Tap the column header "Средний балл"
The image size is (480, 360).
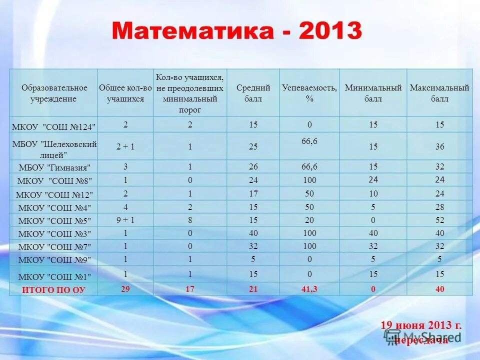point(253,93)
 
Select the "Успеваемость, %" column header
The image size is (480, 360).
point(309,93)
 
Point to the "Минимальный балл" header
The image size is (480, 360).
point(373,93)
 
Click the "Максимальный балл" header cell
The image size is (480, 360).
point(439,93)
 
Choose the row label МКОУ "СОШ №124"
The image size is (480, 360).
point(54,126)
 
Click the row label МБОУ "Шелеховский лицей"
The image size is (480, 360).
point(54,149)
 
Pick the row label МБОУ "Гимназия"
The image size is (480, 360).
point(54,167)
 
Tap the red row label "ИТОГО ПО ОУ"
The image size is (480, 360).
point(53,289)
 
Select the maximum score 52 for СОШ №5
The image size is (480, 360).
point(439,219)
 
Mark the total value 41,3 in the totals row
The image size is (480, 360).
point(309,289)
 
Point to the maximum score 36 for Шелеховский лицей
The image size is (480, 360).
point(439,146)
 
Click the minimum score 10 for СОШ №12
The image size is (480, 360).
point(373,193)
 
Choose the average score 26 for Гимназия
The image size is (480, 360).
point(253,166)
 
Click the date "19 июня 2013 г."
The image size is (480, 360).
point(421,325)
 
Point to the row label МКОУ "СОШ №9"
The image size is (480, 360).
point(54,260)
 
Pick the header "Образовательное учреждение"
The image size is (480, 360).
point(54,93)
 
